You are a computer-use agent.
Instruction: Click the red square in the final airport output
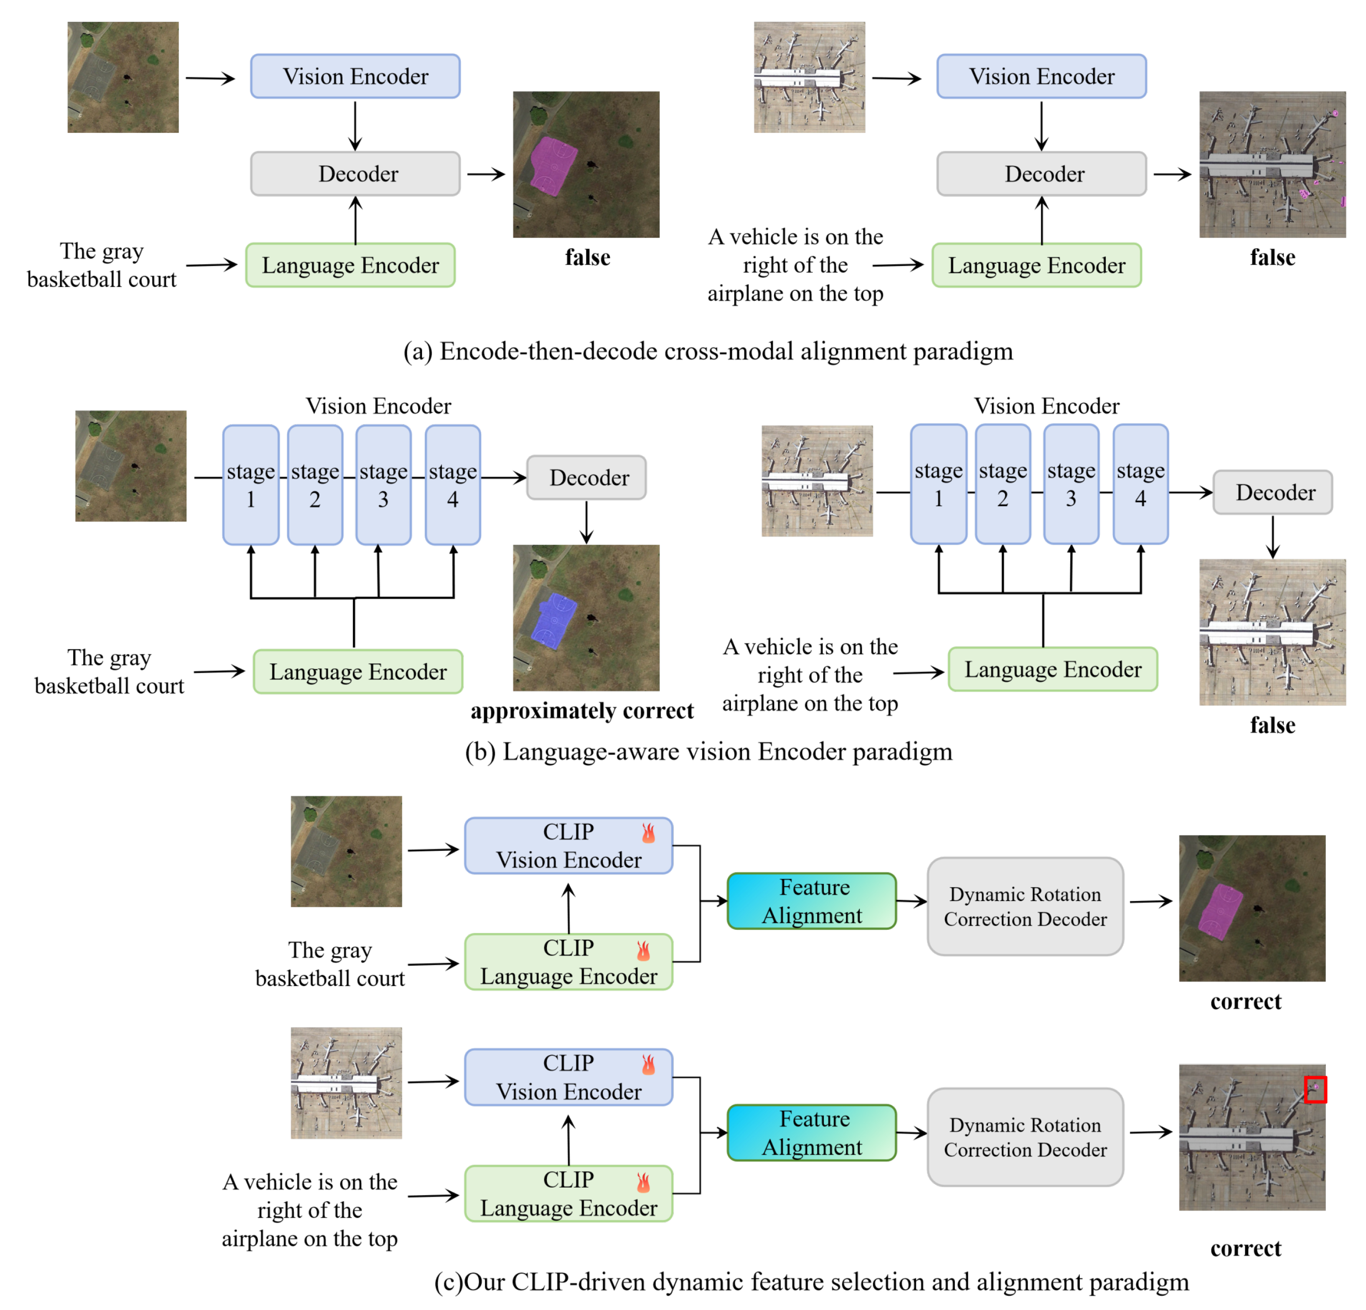point(1315,1089)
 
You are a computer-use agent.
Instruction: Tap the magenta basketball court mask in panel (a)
point(553,166)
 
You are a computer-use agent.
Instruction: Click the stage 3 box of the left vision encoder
point(383,485)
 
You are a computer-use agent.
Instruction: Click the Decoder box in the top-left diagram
point(355,173)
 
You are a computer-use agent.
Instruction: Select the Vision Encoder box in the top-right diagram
point(1041,76)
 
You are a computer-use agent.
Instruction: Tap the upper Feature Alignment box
point(811,901)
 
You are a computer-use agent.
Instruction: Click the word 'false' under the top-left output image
point(587,257)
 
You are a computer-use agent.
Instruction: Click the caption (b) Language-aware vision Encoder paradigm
point(708,752)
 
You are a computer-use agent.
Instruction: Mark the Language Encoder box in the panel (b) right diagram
point(1052,669)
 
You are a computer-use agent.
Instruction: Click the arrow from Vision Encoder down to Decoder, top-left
point(355,125)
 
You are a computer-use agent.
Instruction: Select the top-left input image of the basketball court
point(123,77)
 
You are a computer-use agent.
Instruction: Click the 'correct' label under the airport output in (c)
point(1245,1248)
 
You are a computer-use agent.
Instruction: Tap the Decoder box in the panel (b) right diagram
point(1272,492)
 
